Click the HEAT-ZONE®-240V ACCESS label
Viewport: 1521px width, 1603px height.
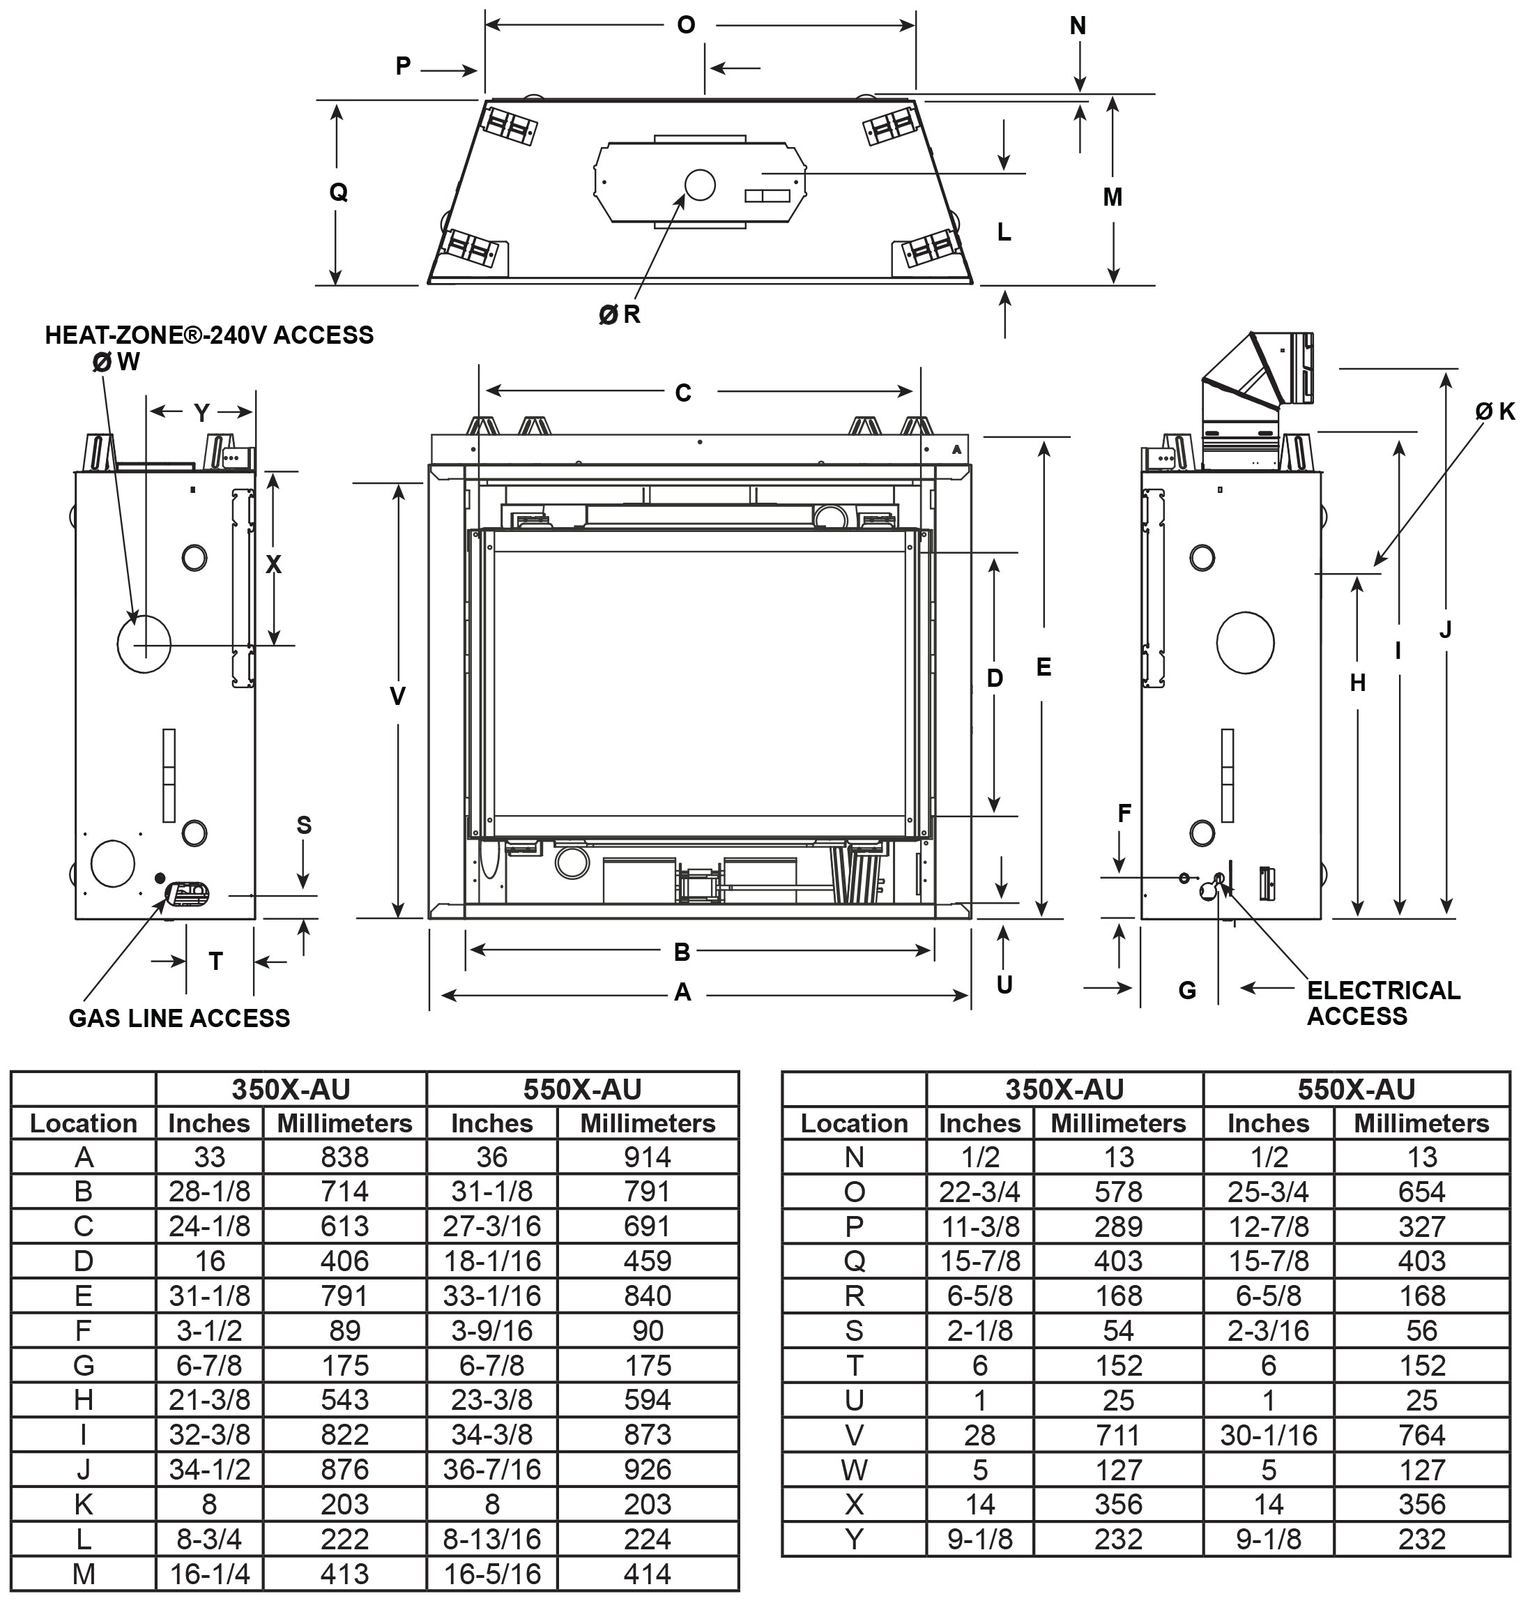209,335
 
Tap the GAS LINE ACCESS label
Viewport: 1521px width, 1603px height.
179,1019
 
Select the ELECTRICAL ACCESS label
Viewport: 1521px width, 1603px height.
1382,1003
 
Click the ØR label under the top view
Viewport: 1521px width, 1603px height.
620,314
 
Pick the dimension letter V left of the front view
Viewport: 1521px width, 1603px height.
397,696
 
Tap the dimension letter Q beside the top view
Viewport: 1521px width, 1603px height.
338,192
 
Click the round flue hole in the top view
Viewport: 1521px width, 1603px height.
700,185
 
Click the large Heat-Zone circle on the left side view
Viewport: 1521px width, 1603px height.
144,644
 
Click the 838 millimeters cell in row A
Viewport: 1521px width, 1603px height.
344,1157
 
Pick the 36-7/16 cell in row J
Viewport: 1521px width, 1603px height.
491,1469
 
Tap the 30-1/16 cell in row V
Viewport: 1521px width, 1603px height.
1268,1435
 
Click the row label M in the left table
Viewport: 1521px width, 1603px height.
84,1574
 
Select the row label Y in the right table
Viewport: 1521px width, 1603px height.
854,1539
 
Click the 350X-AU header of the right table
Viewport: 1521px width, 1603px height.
1064,1089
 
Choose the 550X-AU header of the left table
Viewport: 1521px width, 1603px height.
582,1089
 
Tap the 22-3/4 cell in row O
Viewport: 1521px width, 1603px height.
979,1192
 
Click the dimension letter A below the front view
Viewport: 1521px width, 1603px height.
682,992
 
